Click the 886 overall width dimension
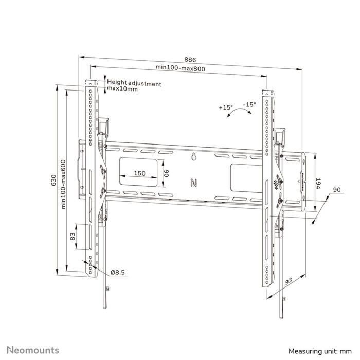(x=190, y=59)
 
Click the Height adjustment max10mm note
(x=133, y=86)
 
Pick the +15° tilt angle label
(x=225, y=107)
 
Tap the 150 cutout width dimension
(x=139, y=173)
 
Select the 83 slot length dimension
(x=73, y=237)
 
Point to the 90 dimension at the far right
(x=337, y=190)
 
